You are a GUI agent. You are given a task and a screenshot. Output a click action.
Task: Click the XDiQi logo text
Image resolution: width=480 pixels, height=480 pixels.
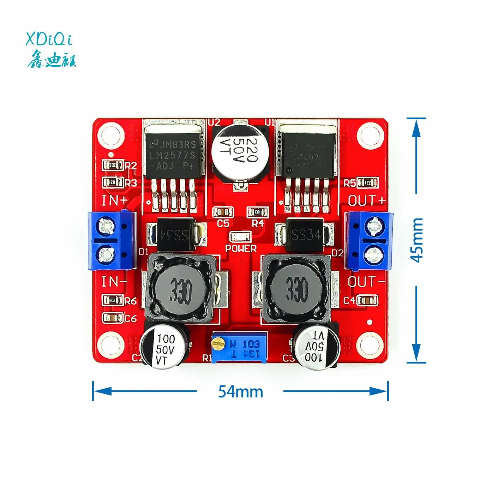point(49,39)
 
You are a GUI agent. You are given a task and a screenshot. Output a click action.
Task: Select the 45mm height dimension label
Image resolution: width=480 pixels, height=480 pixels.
point(417,240)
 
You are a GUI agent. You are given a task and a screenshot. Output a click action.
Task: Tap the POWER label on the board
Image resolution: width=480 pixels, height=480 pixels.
point(241,248)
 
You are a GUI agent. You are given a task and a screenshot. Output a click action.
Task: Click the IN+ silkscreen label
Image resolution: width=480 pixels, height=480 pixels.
point(114,200)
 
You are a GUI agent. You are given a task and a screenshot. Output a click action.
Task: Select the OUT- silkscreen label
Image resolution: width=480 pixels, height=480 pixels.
point(366,282)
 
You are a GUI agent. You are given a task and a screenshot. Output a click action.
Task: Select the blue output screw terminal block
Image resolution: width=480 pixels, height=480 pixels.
point(369,240)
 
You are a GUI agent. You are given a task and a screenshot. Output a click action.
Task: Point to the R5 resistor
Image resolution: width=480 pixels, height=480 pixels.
point(367,183)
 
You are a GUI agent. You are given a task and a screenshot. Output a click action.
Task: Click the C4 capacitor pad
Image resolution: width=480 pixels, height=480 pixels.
point(367,300)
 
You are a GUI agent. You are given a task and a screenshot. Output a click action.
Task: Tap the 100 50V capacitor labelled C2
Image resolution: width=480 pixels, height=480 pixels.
point(164,348)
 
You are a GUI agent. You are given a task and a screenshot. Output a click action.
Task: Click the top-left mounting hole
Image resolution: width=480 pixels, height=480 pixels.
point(111,136)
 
